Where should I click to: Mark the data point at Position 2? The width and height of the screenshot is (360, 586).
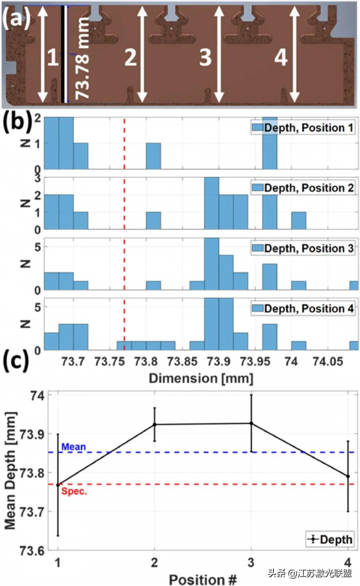tap(155, 425)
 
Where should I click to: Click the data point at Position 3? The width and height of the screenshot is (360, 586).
tap(251, 423)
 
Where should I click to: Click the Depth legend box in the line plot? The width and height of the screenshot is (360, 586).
tap(329, 540)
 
